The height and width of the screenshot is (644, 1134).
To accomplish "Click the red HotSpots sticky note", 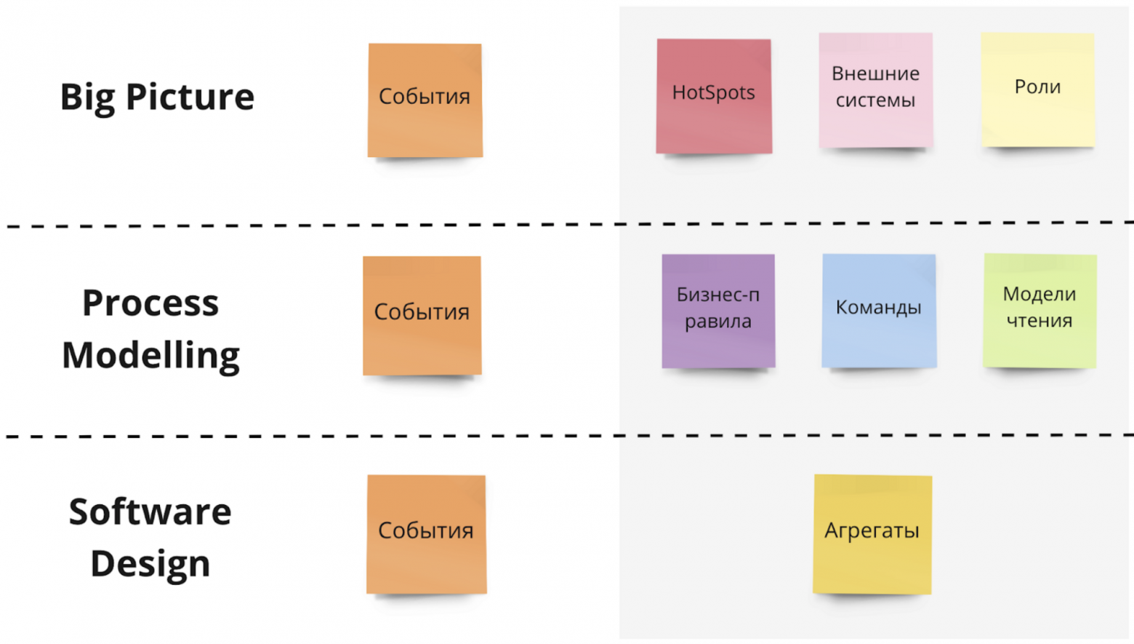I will click(713, 96).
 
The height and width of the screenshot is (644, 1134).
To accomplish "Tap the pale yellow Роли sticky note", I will click(1037, 89).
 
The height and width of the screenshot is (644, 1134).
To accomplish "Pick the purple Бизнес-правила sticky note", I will click(718, 311).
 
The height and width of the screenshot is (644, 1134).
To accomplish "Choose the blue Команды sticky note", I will click(878, 311).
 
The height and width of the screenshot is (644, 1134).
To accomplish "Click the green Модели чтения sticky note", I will click(1039, 311).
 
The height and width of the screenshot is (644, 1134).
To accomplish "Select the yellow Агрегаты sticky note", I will click(872, 533).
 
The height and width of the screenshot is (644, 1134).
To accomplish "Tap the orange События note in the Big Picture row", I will click(425, 100).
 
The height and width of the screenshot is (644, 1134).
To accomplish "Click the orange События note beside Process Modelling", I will click(422, 315).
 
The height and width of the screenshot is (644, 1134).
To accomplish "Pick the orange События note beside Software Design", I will click(426, 534).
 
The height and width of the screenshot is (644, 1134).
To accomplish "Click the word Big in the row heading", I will click(87, 98).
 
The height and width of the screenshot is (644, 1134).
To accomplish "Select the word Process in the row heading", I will click(150, 303).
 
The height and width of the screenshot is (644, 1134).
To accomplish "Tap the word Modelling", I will click(150, 356).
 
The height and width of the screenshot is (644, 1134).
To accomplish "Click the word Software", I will click(150, 512).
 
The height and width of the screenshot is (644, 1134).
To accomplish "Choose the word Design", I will click(150, 564).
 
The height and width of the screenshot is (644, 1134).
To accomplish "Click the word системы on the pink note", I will click(875, 100).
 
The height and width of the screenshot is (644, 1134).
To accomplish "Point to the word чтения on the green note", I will click(1039, 321).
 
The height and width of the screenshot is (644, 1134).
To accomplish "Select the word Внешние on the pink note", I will click(875, 73).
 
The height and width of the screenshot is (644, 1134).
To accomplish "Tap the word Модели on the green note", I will click(1039, 294).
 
